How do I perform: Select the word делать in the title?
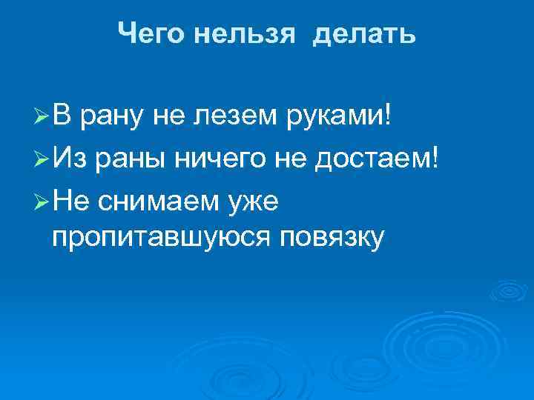[x=364, y=33]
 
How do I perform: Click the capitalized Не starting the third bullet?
[x=72, y=199]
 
